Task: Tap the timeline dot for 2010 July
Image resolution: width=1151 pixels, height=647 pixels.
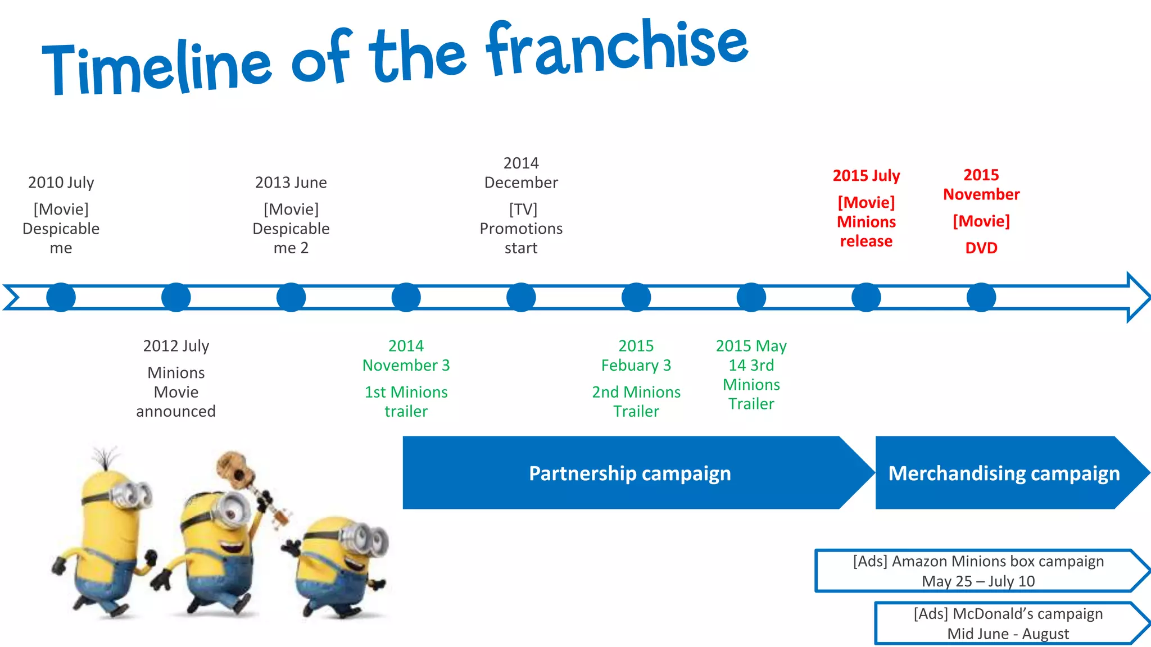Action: (x=61, y=297)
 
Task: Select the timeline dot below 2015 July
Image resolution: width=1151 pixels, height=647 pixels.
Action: (x=866, y=297)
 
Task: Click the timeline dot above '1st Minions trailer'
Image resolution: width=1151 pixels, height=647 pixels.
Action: (x=406, y=297)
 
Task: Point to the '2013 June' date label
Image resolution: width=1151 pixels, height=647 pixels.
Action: (x=291, y=183)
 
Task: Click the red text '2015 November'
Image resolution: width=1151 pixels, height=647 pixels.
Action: (x=981, y=184)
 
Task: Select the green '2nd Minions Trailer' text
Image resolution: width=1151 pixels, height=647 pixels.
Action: (x=636, y=402)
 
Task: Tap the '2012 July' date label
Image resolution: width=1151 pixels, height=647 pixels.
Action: (x=176, y=346)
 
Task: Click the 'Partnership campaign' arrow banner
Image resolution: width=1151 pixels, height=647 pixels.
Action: (x=629, y=473)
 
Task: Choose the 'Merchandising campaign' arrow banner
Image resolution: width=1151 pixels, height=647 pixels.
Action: (x=1004, y=473)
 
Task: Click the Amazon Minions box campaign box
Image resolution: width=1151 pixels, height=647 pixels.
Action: (x=978, y=571)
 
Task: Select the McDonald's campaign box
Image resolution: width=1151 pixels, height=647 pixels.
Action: (x=1008, y=623)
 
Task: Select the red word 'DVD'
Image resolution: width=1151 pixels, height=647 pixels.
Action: (x=981, y=248)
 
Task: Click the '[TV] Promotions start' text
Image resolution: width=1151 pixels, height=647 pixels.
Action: (x=521, y=229)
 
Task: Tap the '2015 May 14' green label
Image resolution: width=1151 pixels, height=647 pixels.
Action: (x=751, y=356)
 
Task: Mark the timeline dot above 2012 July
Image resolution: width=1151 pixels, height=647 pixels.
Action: (x=176, y=297)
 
